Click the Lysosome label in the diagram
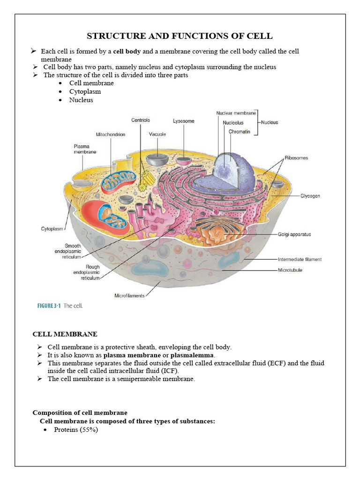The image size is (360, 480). (x=183, y=121)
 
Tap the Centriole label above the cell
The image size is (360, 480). (x=140, y=120)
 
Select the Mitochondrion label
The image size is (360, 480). (x=111, y=135)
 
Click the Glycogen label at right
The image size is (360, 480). (x=310, y=196)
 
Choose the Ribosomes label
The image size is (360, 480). (x=296, y=158)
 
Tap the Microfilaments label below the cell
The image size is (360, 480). (x=130, y=295)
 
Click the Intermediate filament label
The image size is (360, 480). (x=300, y=259)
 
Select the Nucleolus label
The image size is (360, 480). (x=233, y=123)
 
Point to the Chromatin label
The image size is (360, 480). (x=240, y=132)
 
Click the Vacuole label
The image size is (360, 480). (x=157, y=135)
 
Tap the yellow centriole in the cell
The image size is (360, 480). (x=148, y=179)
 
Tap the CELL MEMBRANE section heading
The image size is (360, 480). (x=65, y=334)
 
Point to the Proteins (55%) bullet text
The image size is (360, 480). (x=76, y=430)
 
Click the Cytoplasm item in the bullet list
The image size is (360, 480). (x=85, y=91)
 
